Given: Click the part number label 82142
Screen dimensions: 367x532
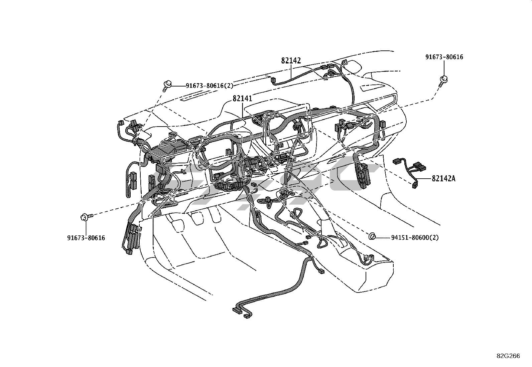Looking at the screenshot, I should tap(291, 60).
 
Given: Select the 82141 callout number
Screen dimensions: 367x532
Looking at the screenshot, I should tap(242, 98).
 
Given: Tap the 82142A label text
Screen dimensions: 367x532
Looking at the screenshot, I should tap(443, 178).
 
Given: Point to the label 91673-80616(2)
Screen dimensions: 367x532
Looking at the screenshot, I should tap(209, 86).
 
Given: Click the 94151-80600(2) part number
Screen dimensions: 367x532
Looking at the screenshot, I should tap(415, 237).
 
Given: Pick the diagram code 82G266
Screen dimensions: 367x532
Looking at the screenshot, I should tap(508, 356).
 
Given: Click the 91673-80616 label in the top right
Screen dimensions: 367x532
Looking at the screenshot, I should tap(444, 57).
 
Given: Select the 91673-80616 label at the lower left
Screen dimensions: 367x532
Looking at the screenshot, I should tap(86, 238).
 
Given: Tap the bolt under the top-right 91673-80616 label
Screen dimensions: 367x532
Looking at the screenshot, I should tap(444, 80).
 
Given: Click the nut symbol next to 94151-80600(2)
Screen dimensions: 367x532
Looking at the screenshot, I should tap(371, 237).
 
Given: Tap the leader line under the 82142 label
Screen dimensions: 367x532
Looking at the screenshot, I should tap(291, 72).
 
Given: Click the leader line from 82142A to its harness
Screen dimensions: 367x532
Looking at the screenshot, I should tap(424, 179).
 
